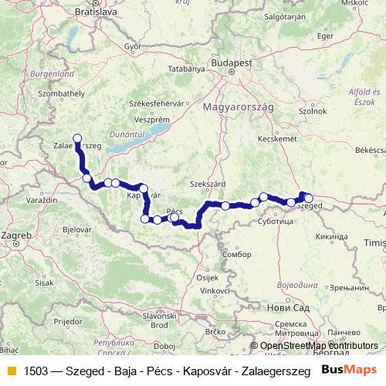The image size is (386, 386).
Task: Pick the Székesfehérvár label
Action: tap(159, 103)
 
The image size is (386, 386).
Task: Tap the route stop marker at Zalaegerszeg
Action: tap(77, 138)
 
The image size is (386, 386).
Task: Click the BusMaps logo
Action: tap(348, 369)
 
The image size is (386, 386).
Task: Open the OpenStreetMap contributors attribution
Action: tap(319, 346)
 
